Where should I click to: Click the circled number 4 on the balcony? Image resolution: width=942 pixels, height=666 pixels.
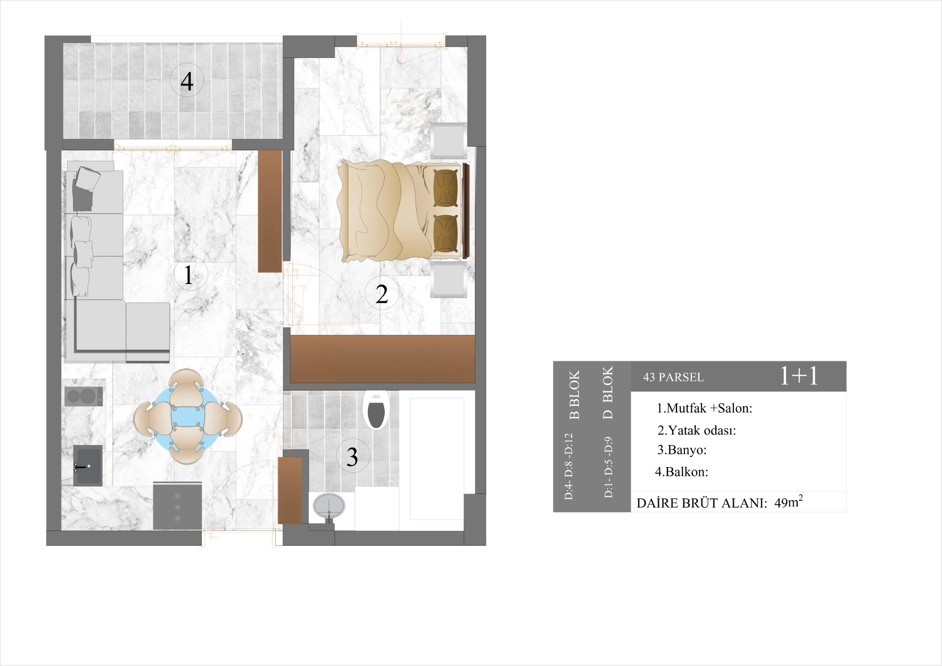pos(186,81)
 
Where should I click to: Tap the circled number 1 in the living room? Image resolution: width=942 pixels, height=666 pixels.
pos(190,274)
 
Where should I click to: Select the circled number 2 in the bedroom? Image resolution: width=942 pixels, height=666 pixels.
pos(382,293)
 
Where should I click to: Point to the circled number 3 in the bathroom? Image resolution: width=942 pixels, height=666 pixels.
pos(352,456)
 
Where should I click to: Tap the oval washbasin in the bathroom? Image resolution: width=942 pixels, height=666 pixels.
pos(329,506)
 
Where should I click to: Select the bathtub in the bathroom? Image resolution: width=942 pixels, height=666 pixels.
pos(437,458)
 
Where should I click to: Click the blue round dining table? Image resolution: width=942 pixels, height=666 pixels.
pos(187,417)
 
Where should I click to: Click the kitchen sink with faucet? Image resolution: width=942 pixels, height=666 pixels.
pos(88,465)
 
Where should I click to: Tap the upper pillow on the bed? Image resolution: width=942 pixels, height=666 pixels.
pos(445,188)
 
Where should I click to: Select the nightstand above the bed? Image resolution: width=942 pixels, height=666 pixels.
pos(448,140)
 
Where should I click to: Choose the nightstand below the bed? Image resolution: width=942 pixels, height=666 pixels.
pos(448,279)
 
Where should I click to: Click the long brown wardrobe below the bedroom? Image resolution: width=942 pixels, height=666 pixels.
pos(382,359)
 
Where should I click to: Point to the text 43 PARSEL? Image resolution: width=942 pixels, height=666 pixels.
pos(673,377)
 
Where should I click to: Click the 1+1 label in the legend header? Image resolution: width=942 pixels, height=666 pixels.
pos(799,376)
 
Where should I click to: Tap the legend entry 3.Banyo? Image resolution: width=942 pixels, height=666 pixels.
pos(681,450)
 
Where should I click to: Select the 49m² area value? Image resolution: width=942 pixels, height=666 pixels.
pos(788,502)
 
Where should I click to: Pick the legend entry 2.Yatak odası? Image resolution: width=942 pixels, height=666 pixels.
pos(696,430)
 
